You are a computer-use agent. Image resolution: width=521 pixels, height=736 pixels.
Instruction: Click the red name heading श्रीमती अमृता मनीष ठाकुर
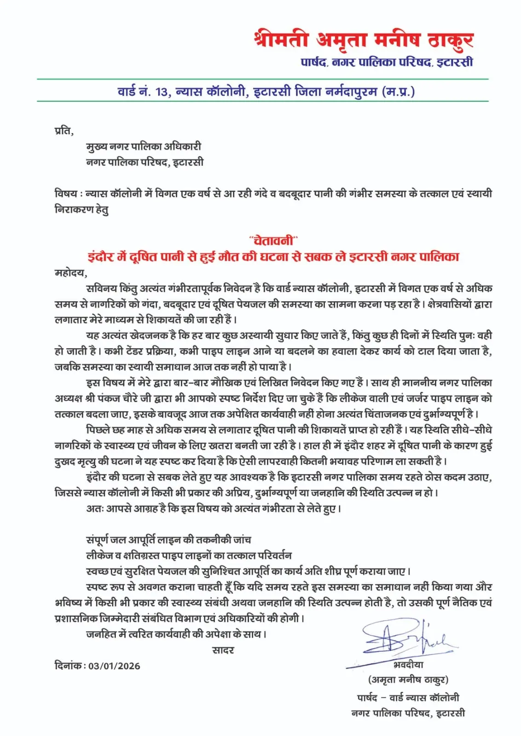[x=363, y=40]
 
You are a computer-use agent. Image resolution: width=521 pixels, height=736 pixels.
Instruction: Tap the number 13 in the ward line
[x=162, y=92]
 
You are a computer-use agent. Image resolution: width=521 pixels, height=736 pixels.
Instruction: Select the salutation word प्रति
[x=63, y=131]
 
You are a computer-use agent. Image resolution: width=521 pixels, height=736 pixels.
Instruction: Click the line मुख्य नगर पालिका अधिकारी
[x=144, y=147]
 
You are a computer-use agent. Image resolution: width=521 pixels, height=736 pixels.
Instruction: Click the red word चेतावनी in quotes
[x=273, y=240]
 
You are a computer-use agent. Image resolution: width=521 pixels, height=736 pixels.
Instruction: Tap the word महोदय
[x=70, y=272]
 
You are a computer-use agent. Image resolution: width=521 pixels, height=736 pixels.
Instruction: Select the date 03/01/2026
[x=114, y=666]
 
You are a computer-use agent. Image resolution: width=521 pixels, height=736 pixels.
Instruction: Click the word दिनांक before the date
[x=68, y=666]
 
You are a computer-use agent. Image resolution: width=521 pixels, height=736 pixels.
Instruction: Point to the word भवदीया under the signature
[x=408, y=665]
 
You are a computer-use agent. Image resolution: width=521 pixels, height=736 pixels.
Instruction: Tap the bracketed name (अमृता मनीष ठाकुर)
[x=408, y=679]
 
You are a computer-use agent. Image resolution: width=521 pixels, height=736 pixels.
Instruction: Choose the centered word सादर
[x=223, y=650]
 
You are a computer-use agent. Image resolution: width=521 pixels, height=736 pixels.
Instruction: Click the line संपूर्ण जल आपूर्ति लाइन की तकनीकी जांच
[x=168, y=540]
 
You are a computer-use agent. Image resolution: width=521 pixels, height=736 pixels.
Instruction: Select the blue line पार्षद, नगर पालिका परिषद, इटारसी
[x=387, y=62]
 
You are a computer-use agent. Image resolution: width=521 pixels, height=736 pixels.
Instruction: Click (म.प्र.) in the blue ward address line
[x=398, y=92]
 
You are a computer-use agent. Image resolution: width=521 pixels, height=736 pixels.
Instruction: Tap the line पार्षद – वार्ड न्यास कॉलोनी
[x=408, y=698]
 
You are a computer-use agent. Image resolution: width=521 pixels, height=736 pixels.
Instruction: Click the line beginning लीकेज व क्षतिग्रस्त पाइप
[x=189, y=555]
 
